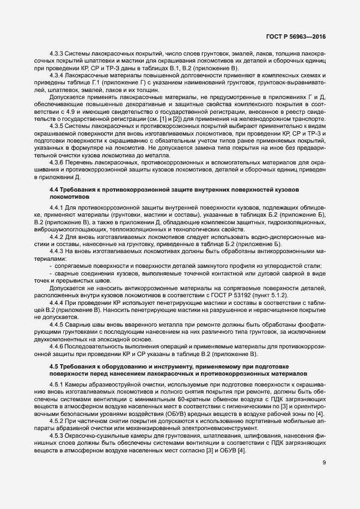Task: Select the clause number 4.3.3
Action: point(57,54)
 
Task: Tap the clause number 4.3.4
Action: point(57,76)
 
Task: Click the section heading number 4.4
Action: point(53,188)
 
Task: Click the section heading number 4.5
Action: point(53,366)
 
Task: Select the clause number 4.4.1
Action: point(57,208)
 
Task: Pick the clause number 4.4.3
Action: point(57,252)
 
